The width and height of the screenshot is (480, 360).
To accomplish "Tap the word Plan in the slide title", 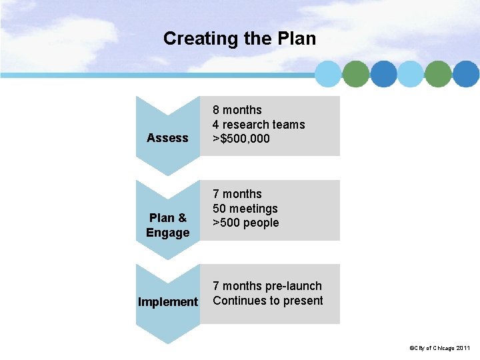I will [x=295, y=39].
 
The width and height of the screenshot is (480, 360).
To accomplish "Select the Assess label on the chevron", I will [x=167, y=138].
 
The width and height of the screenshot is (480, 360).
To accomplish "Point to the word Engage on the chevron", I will [x=167, y=233].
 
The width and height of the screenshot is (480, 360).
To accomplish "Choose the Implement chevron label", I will [x=167, y=302].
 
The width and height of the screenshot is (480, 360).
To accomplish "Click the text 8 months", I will [x=237, y=110].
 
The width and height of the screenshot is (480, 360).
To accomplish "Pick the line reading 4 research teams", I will [x=259, y=125].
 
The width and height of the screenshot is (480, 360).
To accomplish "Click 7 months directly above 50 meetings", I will [x=237, y=194].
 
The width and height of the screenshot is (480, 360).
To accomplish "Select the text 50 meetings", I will [x=245, y=209].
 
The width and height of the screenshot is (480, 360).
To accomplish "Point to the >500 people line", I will [x=246, y=223].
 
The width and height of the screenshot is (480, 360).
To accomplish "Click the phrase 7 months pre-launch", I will [x=267, y=286].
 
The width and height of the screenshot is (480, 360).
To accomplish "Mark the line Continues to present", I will [x=268, y=301].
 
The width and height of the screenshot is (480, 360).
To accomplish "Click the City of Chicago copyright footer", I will [x=441, y=348].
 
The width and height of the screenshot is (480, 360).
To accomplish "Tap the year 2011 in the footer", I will [x=463, y=348].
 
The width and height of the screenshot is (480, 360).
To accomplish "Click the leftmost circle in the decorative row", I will [x=328, y=74].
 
